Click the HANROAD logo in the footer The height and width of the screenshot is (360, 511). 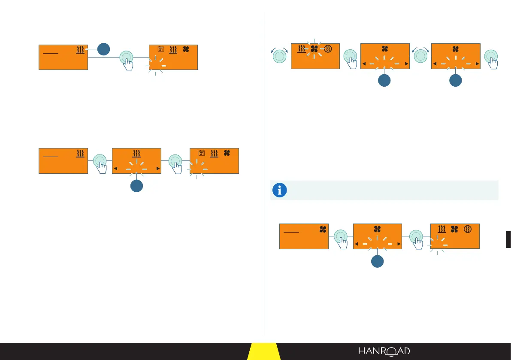384,351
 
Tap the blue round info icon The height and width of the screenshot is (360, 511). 279,190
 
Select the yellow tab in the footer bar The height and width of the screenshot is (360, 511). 264,351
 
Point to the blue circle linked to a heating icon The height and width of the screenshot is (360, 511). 103,49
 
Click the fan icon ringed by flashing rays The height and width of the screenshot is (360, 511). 314,49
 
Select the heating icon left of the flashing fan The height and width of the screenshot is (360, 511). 302,49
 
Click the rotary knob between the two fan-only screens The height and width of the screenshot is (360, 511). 420,57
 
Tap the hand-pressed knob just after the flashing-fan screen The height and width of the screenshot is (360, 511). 349,56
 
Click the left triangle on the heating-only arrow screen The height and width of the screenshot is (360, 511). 115,169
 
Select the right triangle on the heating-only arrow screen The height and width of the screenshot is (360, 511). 158,169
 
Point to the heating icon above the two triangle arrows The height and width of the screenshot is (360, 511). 136,153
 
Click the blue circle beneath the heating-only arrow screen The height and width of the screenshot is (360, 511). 136,186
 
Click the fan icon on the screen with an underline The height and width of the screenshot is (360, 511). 322,230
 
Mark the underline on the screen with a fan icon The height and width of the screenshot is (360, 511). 291,232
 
